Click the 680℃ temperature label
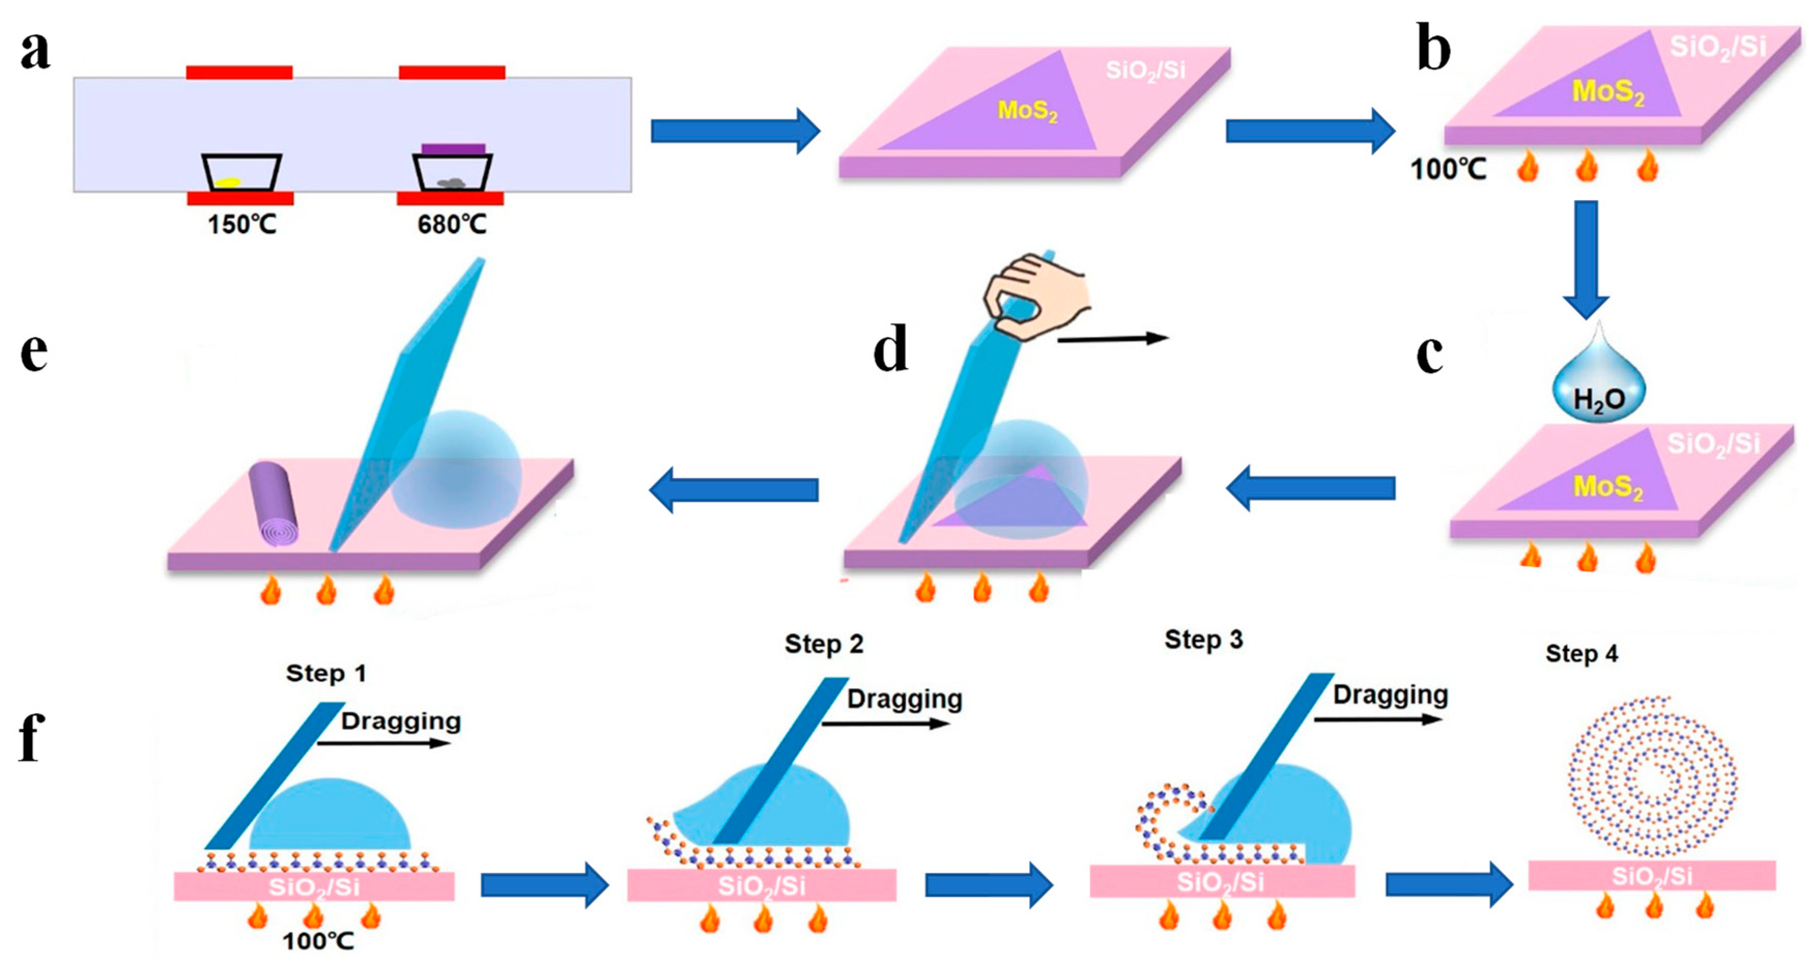click(451, 225)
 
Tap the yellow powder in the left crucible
click(227, 182)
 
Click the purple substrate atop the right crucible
click(453, 149)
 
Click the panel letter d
click(890, 349)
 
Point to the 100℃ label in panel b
click(1448, 170)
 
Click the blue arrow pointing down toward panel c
click(1586, 260)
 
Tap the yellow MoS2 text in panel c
click(1608, 486)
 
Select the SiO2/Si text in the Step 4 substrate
click(1651, 876)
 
